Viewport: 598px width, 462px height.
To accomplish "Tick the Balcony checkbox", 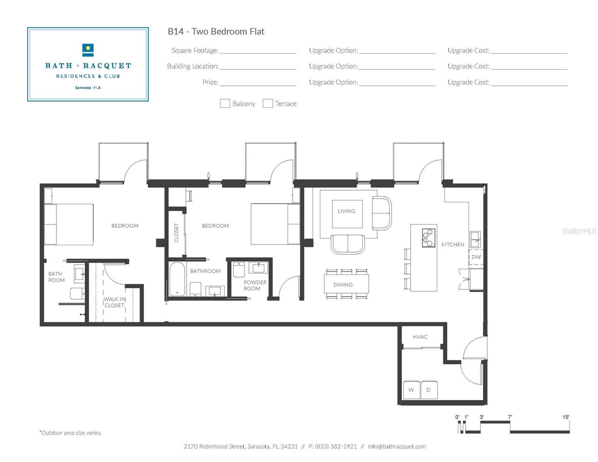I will point(225,103).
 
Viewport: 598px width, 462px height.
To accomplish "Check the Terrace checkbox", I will point(268,103).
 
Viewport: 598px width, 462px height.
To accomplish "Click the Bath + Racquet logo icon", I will point(88,50).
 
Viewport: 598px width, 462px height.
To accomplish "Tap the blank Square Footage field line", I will point(258,51).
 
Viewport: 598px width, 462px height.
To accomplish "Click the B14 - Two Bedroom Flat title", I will point(216,32).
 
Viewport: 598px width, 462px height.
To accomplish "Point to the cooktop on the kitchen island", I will point(429,238).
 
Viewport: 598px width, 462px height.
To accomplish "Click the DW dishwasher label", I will point(476,257).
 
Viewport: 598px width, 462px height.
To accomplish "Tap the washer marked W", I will point(411,390).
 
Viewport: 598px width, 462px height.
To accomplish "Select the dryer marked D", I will point(429,390).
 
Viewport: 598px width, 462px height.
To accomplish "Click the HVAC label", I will point(420,337).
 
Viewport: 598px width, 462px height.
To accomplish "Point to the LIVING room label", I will point(347,211).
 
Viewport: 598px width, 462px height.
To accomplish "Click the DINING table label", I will point(343,285).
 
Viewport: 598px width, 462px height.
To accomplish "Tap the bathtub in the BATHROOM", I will point(178,279).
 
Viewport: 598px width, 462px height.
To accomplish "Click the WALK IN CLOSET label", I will point(114,302).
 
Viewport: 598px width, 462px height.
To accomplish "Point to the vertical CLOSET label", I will point(176,233).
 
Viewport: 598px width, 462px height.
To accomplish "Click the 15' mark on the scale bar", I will point(566,417).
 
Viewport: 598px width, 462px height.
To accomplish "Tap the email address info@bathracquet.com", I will point(397,447).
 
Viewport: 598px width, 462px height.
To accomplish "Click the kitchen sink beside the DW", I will point(475,239).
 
